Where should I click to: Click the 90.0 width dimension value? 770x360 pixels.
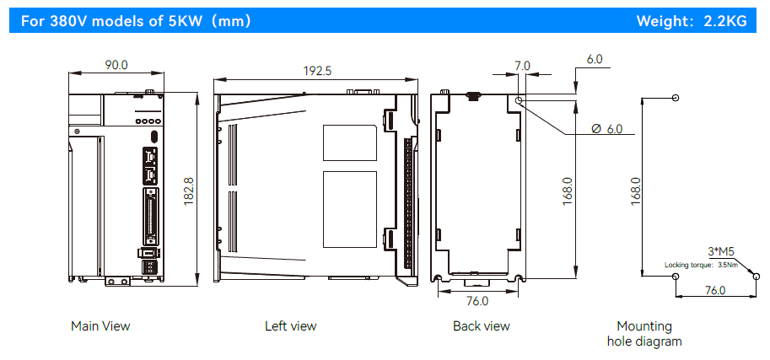[116, 64]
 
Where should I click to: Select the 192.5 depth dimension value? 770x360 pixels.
[317, 71]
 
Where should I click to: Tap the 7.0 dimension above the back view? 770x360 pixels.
[522, 66]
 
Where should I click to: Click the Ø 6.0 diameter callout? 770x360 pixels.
[607, 129]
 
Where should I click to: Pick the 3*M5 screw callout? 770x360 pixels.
[721, 252]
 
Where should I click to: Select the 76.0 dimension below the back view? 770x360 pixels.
[477, 301]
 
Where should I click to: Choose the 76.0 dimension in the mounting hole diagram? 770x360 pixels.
[715, 290]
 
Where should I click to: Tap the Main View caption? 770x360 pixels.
[100, 326]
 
